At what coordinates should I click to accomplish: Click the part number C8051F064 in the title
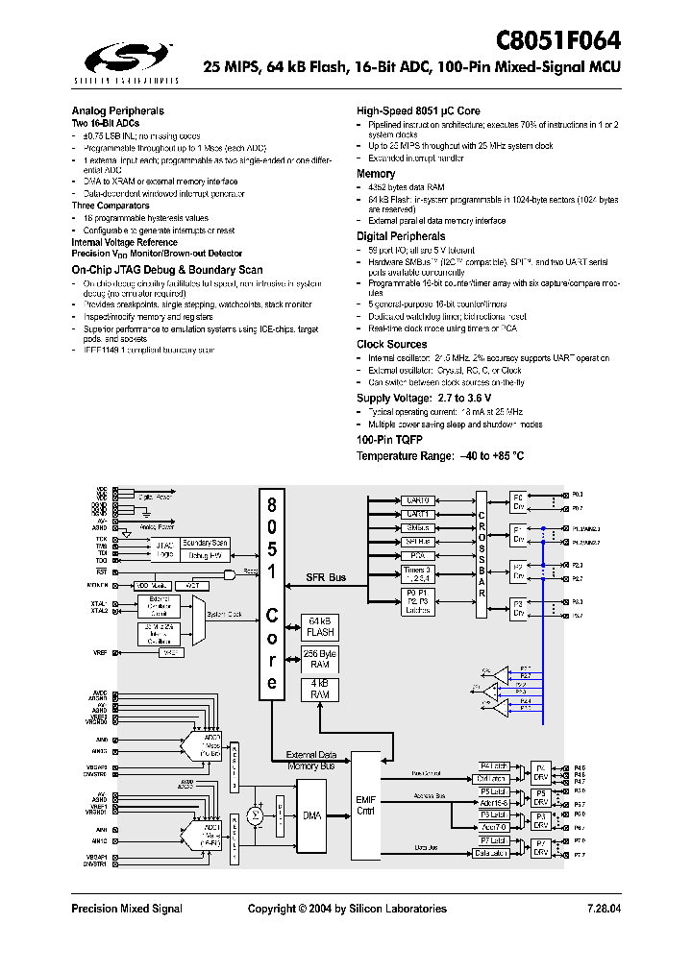pyautogui.click(x=558, y=40)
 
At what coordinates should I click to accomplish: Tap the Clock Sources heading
pyautogui.click(x=392, y=344)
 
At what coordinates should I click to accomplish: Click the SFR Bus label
pyautogui.click(x=326, y=577)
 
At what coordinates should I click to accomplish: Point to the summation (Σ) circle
pyautogui.click(x=256, y=815)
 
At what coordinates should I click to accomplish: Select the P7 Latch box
pyautogui.click(x=493, y=840)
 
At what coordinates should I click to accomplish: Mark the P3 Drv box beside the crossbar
pyautogui.click(x=518, y=608)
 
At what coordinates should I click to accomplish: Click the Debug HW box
pyautogui.click(x=205, y=555)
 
